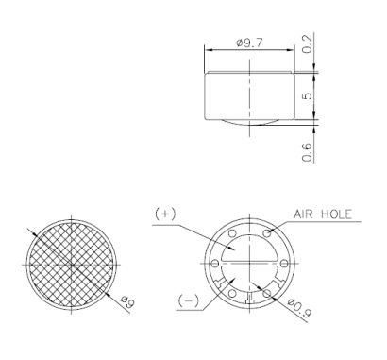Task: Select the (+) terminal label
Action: (165, 214)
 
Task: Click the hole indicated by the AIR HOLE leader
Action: (268, 232)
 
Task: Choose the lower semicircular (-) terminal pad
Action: (249, 276)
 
